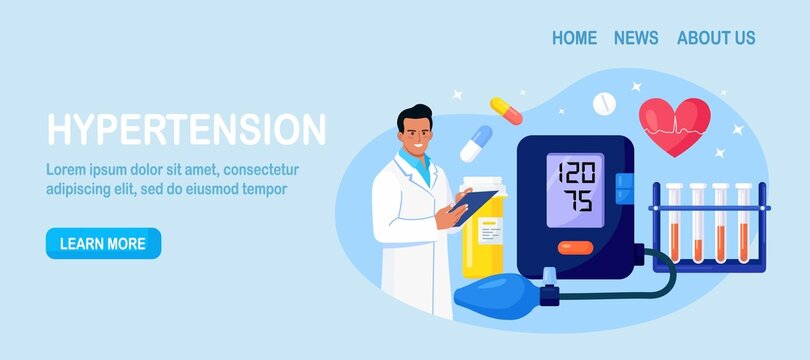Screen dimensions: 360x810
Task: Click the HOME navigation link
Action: coord(574,38)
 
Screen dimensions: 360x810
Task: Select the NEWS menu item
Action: coord(636,38)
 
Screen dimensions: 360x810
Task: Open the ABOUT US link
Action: coord(716,38)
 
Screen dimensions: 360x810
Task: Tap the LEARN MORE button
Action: coord(103,243)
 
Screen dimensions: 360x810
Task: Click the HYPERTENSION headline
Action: coord(187,130)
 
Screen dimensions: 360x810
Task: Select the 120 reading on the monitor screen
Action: coord(575,169)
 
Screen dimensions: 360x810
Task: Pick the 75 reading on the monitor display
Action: coord(576,200)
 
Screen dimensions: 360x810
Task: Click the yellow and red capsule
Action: coord(506,111)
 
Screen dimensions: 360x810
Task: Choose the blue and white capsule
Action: coord(476,142)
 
